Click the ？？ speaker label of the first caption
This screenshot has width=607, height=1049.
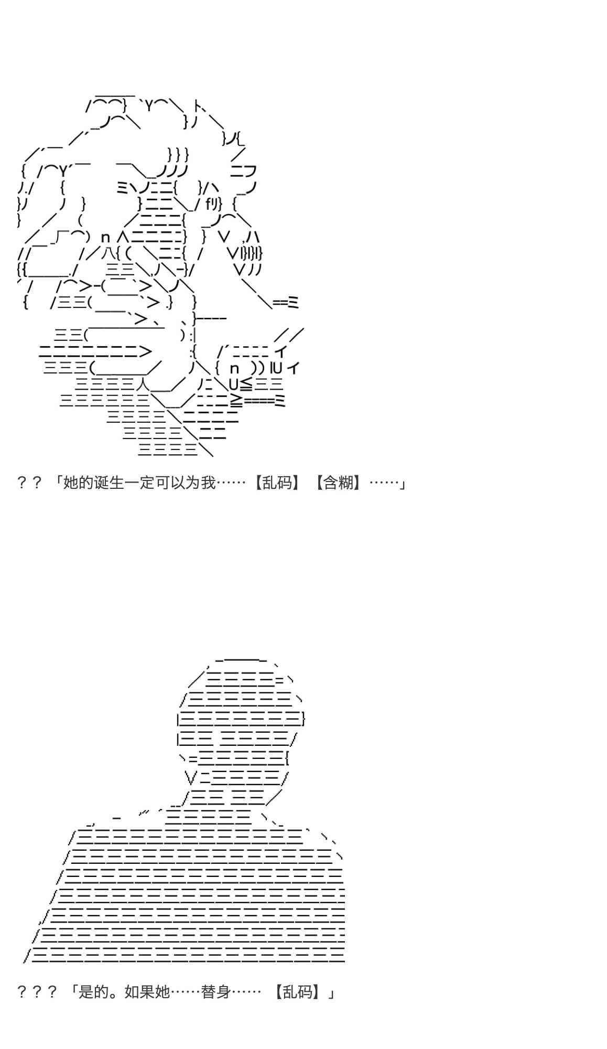click(x=29, y=482)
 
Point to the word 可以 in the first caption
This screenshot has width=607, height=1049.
click(x=170, y=482)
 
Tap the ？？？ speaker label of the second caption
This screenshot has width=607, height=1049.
click(x=37, y=992)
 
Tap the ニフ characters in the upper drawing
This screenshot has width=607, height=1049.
click(x=243, y=171)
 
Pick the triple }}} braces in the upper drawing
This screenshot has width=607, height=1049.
click(x=178, y=155)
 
